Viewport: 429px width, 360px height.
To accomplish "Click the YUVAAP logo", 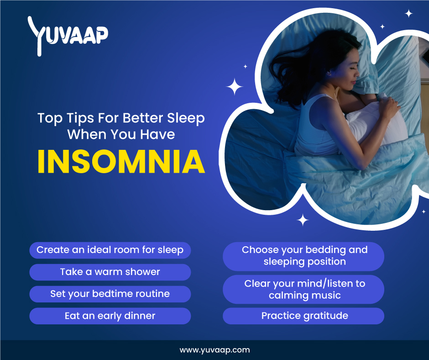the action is point(68,36).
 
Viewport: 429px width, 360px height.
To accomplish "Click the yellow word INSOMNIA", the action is point(121,162).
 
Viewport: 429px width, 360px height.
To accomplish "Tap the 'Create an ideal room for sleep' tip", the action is point(110,250).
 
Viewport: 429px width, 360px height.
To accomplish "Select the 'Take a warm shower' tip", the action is point(110,272).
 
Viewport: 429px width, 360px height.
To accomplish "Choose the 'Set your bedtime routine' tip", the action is point(110,294).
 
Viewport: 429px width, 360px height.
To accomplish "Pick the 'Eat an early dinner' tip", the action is point(110,316).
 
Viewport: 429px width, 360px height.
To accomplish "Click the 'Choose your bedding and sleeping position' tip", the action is point(303,256).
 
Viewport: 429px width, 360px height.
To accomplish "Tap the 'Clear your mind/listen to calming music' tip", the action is point(303,289).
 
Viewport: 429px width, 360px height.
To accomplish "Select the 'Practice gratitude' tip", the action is point(303,316).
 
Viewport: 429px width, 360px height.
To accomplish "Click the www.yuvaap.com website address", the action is point(215,350).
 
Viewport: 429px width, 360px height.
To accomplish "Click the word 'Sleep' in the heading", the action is point(186,118).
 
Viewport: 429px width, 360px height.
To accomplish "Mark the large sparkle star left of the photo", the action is point(234,87).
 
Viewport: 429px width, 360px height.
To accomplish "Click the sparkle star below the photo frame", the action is point(303,220).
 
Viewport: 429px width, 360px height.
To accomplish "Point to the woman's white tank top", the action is point(317,126).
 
